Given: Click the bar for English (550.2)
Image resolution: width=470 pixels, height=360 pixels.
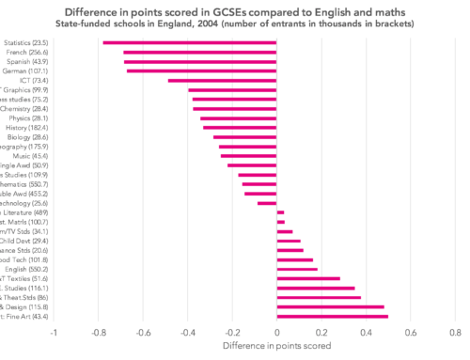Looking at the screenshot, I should click(297, 269).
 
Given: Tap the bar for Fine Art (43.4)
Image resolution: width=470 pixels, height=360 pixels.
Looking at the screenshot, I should click(332, 317).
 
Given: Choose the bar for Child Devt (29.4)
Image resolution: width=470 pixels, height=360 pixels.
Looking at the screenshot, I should click(289, 241).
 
